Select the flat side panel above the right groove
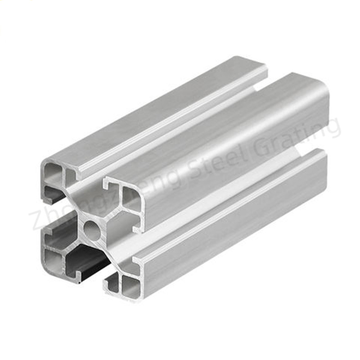(234, 148)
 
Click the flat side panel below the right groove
(234, 225)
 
